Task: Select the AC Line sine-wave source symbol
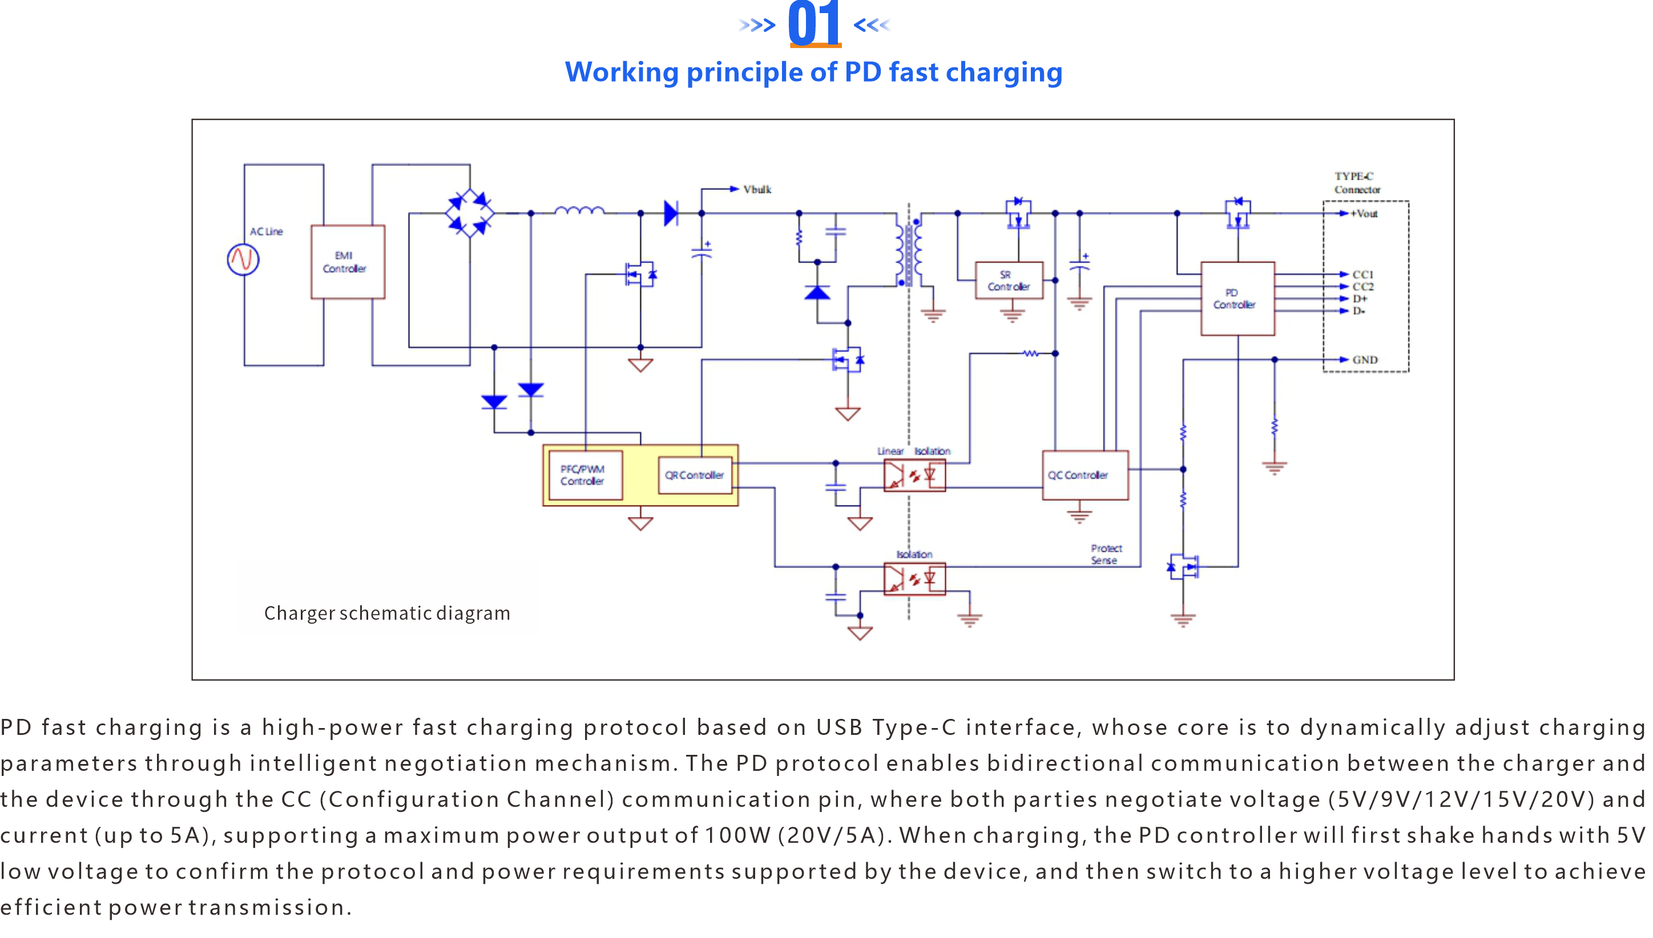[243, 260]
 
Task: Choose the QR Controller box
[695, 475]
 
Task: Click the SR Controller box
[1009, 280]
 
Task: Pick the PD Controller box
[1237, 298]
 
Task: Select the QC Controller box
[1084, 475]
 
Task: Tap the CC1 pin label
[1362, 274]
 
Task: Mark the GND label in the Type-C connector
[1364, 359]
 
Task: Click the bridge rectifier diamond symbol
[470, 213]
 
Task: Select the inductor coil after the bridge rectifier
[579, 210]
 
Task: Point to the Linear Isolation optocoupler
[914, 476]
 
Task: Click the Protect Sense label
[1106, 554]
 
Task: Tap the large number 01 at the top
[814, 25]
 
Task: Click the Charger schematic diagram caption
[386, 613]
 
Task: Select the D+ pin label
[1360, 299]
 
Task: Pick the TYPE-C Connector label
[1357, 183]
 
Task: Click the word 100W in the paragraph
[737, 835]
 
